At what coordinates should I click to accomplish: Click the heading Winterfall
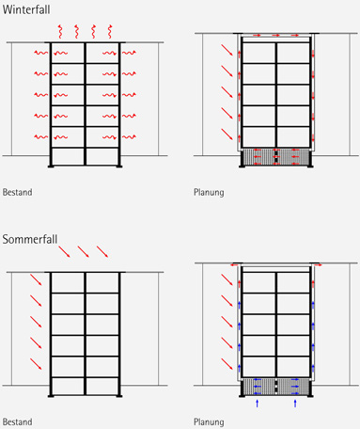point(26,9)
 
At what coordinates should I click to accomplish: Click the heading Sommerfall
point(30,239)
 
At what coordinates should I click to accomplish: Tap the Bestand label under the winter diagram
point(18,192)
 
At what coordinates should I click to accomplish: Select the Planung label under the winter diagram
point(209,192)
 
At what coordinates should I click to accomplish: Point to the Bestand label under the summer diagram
point(18,421)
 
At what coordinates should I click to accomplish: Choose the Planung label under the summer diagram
point(209,422)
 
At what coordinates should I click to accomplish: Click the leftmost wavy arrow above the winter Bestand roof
point(60,31)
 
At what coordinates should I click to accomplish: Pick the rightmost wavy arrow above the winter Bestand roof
point(110,31)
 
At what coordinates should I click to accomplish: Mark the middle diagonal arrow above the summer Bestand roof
point(84,252)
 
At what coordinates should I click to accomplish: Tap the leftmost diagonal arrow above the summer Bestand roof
point(64,252)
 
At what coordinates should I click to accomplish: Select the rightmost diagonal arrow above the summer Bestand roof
point(102,252)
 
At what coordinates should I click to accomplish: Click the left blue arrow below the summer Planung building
point(258,404)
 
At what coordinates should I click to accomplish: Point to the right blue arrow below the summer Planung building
point(295,404)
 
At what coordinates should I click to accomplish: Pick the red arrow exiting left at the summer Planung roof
point(234,265)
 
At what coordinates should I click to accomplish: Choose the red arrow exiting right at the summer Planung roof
point(318,265)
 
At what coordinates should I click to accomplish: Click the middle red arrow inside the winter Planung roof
point(275,36)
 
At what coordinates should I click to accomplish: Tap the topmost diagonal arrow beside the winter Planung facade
point(227,50)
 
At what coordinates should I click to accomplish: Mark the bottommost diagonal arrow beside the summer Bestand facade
point(36,364)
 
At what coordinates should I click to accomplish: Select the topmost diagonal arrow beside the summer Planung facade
point(227,279)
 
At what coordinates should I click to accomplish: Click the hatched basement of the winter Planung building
point(276,157)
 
